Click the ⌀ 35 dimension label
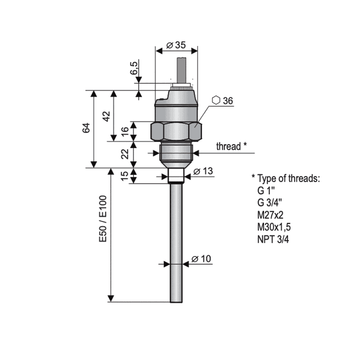click(x=175, y=45)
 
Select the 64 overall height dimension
click(x=86, y=128)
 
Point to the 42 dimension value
click(x=106, y=116)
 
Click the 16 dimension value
click(x=125, y=131)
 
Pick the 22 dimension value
click(x=125, y=154)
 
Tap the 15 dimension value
click(x=125, y=176)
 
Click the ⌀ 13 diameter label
click(x=203, y=171)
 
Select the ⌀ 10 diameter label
click(x=202, y=259)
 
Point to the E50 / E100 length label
click(x=103, y=219)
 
